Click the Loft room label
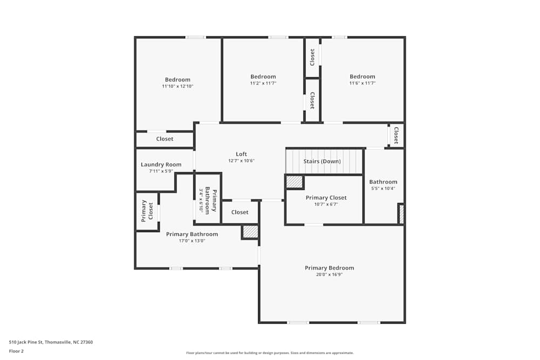(241, 154)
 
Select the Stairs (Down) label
(322, 161)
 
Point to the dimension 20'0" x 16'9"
(329, 275)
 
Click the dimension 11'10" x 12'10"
(177, 86)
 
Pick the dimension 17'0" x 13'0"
(192, 241)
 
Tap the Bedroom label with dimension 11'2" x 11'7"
(263, 77)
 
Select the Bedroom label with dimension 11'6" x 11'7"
(362, 77)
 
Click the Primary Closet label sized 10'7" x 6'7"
(326, 198)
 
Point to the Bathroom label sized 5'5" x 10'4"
(383, 182)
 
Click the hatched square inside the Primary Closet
(294, 182)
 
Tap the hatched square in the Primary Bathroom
(250, 232)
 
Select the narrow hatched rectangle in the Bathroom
(401, 214)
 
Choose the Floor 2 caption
(16, 351)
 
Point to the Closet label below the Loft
(240, 212)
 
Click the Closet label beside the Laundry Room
(165, 139)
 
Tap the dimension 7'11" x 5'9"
(161, 171)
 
